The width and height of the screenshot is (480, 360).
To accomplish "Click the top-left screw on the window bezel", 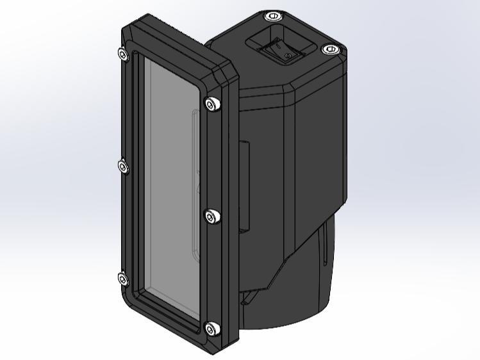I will pyautogui.click(x=122, y=54).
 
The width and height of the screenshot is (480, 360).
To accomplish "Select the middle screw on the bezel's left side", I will pyautogui.click(x=124, y=167).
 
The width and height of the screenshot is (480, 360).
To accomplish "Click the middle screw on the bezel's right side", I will pyautogui.click(x=211, y=217).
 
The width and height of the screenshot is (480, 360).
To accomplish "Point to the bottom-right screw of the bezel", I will pyautogui.click(x=211, y=329).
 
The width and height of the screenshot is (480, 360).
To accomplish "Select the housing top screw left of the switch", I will pyautogui.click(x=272, y=16).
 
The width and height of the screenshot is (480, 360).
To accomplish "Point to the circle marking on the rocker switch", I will pyautogui.click(x=287, y=56).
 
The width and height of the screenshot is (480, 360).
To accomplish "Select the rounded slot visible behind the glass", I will pyautogui.click(x=195, y=186).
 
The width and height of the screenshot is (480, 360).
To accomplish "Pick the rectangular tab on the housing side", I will pyautogui.click(x=244, y=186).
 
